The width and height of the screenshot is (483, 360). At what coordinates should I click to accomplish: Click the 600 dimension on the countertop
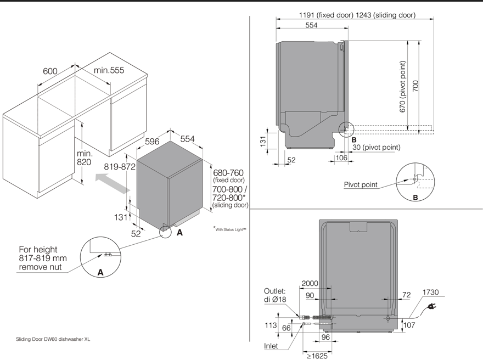tap(50, 71)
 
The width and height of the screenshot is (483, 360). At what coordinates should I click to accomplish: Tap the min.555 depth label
tap(109, 70)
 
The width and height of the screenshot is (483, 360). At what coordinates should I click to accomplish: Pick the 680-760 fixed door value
tap(228, 173)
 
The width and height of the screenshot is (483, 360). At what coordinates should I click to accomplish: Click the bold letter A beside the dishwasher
tap(179, 233)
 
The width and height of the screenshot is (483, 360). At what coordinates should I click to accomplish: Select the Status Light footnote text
tap(230, 229)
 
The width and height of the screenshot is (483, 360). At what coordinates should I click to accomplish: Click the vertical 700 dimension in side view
tap(415, 86)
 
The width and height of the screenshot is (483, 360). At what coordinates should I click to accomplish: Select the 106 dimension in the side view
tap(341, 159)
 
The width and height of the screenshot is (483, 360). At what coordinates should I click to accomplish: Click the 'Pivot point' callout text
tap(361, 185)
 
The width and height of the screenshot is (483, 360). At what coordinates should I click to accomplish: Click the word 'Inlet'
tap(270, 346)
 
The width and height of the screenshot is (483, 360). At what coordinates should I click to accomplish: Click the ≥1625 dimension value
tap(318, 356)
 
